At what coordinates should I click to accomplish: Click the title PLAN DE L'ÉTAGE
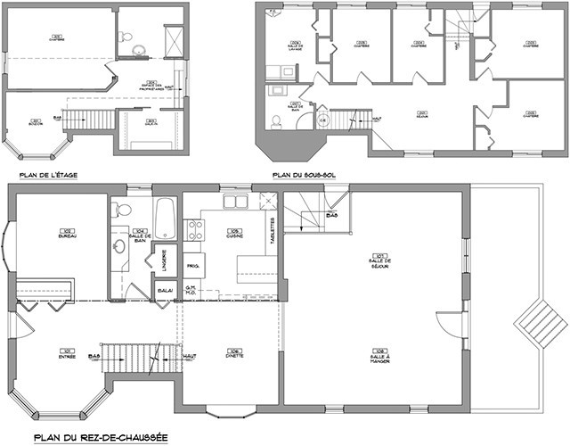[x=42, y=176]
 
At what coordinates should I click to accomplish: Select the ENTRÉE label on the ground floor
[x=66, y=353]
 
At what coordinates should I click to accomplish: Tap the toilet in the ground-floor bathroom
[x=123, y=211]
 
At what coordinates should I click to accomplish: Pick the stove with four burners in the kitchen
[x=192, y=230]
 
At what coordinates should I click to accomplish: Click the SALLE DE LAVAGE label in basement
[x=290, y=47]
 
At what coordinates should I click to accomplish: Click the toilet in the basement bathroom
[x=277, y=120]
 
